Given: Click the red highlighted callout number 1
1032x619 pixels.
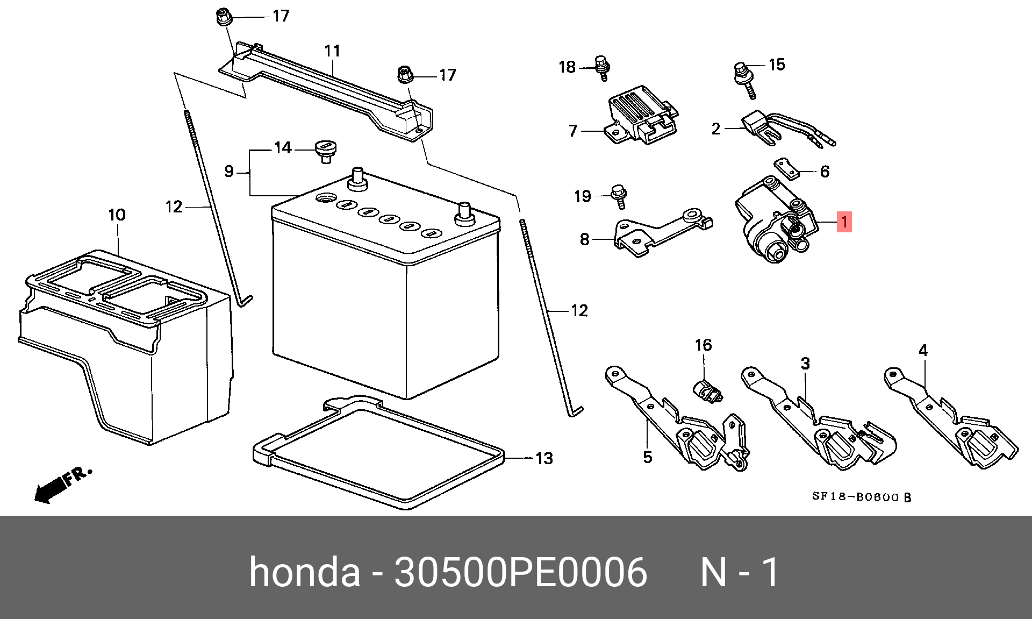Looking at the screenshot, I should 844,222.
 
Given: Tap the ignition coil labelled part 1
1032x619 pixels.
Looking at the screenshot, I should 774,220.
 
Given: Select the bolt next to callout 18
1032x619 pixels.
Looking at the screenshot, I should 603,68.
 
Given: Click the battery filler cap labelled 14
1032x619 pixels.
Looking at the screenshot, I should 326,150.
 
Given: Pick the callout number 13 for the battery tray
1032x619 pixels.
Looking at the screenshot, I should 544,458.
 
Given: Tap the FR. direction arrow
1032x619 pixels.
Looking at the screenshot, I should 54,487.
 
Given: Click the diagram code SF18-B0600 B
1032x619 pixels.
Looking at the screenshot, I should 861,497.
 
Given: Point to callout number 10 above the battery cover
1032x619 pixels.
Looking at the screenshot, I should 117,215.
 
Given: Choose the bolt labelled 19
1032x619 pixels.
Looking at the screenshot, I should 619,196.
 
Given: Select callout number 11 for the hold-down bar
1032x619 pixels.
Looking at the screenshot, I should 332,51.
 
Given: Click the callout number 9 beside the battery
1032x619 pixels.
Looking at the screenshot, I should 229,172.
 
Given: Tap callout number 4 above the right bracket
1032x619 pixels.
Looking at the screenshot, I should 923,351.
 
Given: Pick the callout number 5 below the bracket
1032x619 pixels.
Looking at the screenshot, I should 648,457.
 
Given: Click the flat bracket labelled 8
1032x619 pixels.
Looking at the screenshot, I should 661,231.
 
